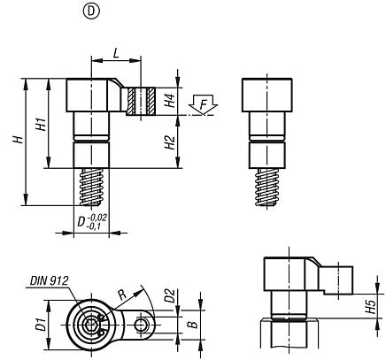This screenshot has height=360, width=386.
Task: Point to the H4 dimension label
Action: [171, 103]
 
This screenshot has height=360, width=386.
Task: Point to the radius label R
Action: [120, 294]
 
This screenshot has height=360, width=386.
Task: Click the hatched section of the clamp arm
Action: [139, 102]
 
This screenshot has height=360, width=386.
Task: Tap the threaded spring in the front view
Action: [89, 188]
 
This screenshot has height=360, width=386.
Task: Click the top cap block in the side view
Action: [266, 95]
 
